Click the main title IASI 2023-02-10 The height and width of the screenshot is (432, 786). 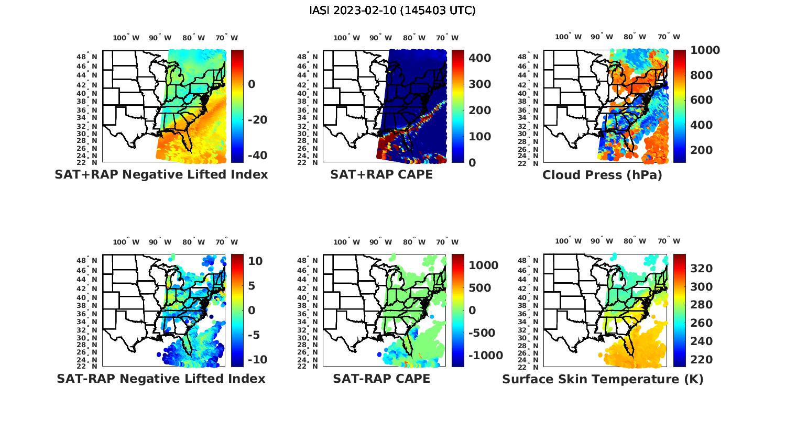pyautogui.click(x=392, y=10)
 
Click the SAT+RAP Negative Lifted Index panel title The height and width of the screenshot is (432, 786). pyautogui.click(x=161, y=174)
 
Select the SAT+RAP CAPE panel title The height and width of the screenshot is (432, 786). pyautogui.click(x=381, y=174)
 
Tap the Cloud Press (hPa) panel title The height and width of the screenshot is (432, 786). pyautogui.click(x=602, y=175)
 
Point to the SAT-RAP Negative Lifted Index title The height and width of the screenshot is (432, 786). pyautogui.click(x=161, y=379)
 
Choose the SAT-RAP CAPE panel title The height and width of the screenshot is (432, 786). pyautogui.click(x=381, y=379)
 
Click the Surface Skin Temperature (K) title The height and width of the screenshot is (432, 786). pyautogui.click(x=603, y=379)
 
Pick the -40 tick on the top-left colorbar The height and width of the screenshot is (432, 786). pyautogui.click(x=257, y=156)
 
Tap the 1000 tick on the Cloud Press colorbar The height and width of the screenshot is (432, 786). pyautogui.click(x=705, y=50)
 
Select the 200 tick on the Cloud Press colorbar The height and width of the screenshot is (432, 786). pyautogui.click(x=702, y=150)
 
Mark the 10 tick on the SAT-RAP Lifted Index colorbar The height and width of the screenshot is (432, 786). pyautogui.click(x=255, y=261)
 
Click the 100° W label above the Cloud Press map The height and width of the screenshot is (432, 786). pyautogui.click(x=568, y=37)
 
